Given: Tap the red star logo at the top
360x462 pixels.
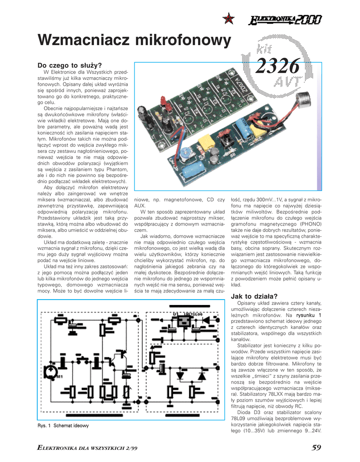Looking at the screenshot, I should pyautogui.click(x=229, y=18).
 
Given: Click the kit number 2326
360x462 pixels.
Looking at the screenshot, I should pyautogui.click(x=278, y=67).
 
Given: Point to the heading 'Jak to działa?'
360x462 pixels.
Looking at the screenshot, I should pyautogui.click(x=250, y=296).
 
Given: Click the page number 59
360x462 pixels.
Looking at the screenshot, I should pyautogui.click(x=316, y=447).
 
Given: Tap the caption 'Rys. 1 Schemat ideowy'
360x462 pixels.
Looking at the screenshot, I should pyautogui.click(x=63, y=425).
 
